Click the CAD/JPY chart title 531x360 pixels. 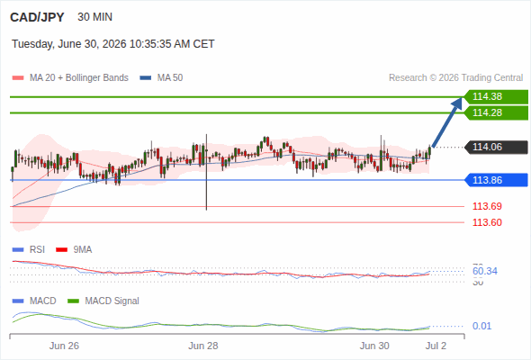point(37,17)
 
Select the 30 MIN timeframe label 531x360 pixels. point(94,17)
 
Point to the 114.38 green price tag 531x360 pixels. point(496,96)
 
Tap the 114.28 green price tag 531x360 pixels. point(496,112)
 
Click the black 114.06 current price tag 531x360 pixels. point(496,147)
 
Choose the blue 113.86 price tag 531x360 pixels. point(496,180)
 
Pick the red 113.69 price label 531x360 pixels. point(487,206)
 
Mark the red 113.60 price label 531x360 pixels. point(487,222)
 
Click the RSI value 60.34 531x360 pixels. point(485,271)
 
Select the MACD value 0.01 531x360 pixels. point(481,326)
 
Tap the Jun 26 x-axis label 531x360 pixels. point(64,346)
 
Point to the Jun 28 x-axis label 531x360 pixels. point(203,346)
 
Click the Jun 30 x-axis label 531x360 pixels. point(374,346)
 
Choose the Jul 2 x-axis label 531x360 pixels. point(436,346)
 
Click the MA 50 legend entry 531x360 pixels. point(161,78)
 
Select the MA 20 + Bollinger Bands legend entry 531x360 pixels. point(70,78)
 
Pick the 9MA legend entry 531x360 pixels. point(74,249)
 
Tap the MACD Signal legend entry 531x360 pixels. point(103,301)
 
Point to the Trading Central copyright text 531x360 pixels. point(455,78)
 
